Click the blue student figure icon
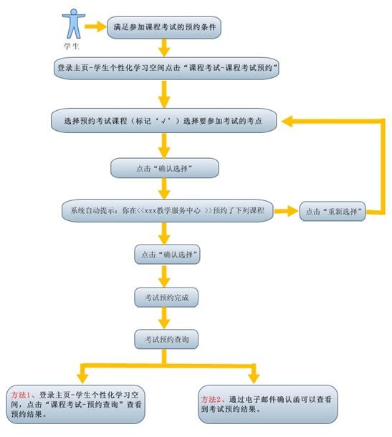[73, 24]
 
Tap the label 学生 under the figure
[72, 46]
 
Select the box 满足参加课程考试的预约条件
[164, 27]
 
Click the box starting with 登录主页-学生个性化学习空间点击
[166, 68]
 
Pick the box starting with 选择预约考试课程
[164, 121]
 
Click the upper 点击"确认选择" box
[164, 168]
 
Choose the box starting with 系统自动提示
[168, 211]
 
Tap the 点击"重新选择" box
[333, 211]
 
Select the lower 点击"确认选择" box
[167, 255]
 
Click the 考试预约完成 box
[166, 298]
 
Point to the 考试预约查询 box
[166, 339]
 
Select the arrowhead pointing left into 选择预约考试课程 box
[287, 122]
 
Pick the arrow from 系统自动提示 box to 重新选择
[287, 211]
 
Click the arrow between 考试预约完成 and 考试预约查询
[164, 318]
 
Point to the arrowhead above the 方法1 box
[82, 378]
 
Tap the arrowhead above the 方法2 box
[254, 378]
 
